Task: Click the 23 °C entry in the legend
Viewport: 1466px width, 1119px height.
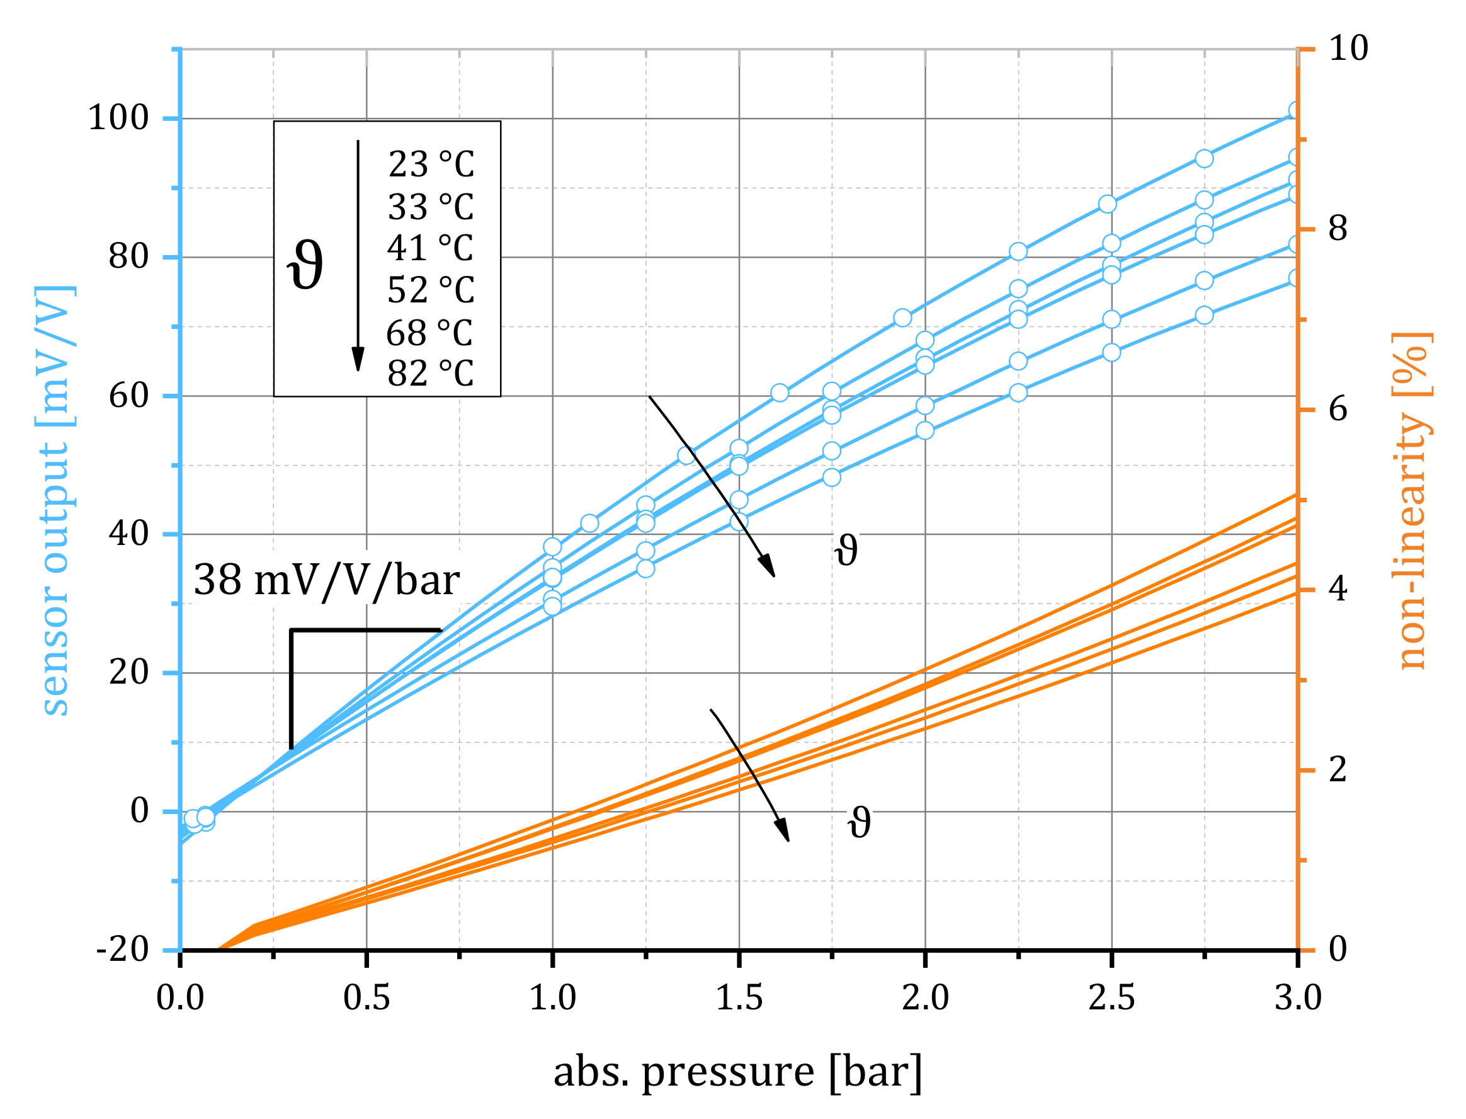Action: click(x=431, y=164)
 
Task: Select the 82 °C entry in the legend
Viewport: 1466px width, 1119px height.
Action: click(x=431, y=374)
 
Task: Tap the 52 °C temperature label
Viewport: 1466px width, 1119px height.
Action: click(x=431, y=290)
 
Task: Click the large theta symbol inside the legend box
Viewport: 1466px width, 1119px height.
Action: click(x=305, y=265)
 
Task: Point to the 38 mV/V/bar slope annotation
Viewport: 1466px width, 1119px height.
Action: click(x=326, y=580)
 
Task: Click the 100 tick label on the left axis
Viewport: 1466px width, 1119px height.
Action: click(x=118, y=118)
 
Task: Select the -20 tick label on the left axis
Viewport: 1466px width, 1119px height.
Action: click(x=123, y=950)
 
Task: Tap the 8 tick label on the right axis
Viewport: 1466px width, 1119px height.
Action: click(x=1338, y=229)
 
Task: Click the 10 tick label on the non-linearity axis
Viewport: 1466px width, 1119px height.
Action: click(x=1348, y=49)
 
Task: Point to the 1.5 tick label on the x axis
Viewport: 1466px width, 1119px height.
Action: click(x=739, y=998)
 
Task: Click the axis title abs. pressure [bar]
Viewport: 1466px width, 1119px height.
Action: click(x=737, y=1072)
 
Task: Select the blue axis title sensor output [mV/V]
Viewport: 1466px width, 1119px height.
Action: click(x=55, y=501)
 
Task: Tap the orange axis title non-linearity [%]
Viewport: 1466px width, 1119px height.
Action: click(x=1411, y=500)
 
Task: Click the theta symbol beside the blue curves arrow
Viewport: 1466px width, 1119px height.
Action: click(x=846, y=550)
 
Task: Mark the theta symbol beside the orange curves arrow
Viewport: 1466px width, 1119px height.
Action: click(x=859, y=823)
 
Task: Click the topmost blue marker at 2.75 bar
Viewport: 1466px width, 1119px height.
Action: click(x=1203, y=159)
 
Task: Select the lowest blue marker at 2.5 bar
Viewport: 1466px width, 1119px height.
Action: click(x=1111, y=352)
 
